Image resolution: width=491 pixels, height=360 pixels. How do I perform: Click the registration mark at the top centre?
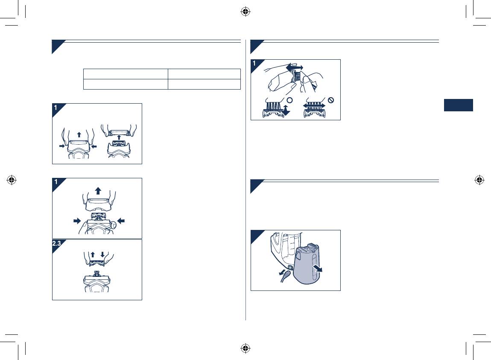click(x=245, y=12)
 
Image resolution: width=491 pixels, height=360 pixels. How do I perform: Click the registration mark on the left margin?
click(x=12, y=180)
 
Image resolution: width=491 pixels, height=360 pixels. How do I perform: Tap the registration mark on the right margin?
click(x=479, y=180)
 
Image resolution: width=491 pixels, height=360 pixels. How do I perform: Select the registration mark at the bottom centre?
click(x=245, y=348)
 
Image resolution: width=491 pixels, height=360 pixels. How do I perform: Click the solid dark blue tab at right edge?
click(x=459, y=105)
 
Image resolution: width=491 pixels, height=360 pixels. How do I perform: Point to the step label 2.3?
click(x=57, y=243)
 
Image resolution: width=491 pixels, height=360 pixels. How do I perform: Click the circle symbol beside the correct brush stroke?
click(x=289, y=100)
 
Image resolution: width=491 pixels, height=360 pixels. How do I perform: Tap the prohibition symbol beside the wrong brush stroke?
click(x=331, y=100)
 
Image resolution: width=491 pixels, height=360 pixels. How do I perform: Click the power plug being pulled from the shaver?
click(x=286, y=276)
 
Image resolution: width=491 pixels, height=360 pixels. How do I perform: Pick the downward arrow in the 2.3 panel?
click(x=102, y=254)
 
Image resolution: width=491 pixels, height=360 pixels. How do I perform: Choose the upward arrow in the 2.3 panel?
click(x=93, y=254)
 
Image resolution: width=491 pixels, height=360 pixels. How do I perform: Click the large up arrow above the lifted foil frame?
click(x=98, y=191)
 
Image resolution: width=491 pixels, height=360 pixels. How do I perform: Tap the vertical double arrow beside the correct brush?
click(x=286, y=110)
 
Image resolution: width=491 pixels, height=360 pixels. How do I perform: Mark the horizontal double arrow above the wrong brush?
click(x=314, y=106)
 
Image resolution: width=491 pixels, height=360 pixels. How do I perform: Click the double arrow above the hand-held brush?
click(x=295, y=67)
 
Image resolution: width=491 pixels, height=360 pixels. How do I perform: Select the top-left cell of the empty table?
click(x=126, y=74)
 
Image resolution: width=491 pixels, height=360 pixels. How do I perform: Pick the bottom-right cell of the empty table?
click(x=204, y=84)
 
